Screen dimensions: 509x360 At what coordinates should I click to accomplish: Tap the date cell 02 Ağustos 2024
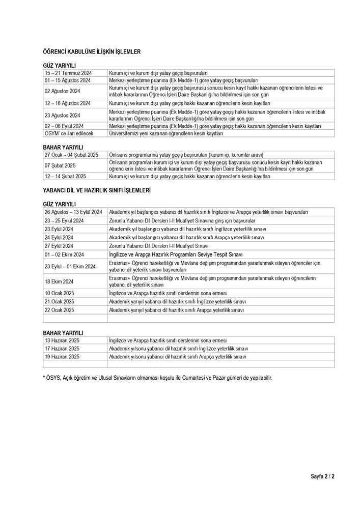63,91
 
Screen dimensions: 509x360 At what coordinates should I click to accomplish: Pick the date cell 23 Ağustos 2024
63,115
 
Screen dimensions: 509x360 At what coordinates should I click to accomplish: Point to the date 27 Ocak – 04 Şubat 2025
71,154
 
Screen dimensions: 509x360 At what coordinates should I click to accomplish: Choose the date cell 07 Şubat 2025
60,165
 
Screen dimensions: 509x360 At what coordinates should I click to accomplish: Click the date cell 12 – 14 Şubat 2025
65,176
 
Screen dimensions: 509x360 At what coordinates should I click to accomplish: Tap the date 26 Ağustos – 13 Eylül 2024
73,212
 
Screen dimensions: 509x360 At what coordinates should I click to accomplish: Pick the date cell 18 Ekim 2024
59,281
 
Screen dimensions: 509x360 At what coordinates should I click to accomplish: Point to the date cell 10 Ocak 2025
59,293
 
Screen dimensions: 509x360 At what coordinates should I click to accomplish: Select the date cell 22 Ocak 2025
59,309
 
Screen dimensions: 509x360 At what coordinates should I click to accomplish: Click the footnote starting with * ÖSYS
157,378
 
